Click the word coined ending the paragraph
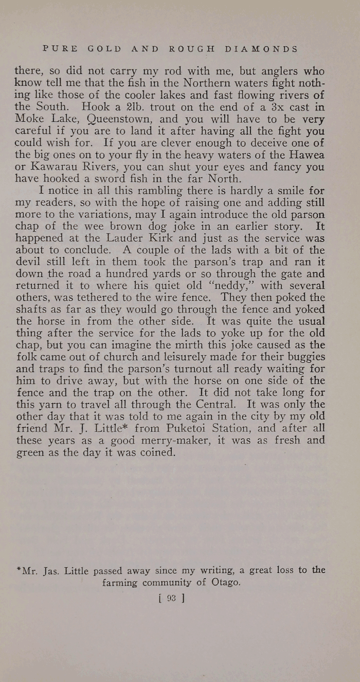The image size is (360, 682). (158, 452)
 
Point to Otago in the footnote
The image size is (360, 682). (225, 583)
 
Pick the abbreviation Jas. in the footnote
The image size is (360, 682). (49, 570)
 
